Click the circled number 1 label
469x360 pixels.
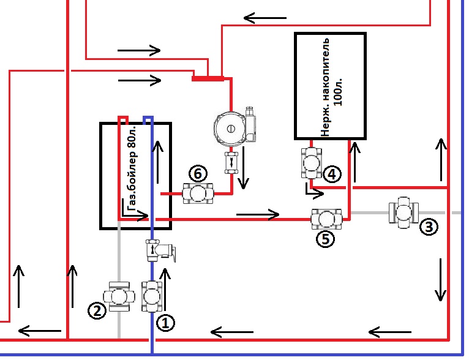(x=165, y=323)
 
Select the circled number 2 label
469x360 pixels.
(x=97, y=310)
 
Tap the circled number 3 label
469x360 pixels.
(x=429, y=227)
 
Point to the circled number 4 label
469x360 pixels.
(x=332, y=174)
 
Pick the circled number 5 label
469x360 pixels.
(x=326, y=239)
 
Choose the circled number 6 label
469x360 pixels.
(x=198, y=174)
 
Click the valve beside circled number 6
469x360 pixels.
(x=198, y=193)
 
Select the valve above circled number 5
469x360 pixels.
(x=326, y=219)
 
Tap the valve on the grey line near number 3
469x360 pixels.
(x=404, y=212)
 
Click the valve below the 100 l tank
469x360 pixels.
(x=312, y=163)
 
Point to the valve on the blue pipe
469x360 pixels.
(x=152, y=296)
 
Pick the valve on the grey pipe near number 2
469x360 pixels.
(x=119, y=296)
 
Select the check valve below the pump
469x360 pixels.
(x=231, y=163)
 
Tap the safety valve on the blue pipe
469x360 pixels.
(x=160, y=250)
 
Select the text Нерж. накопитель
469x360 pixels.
(x=325, y=87)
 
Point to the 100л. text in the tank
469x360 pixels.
(x=338, y=92)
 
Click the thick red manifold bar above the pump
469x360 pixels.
(x=208, y=78)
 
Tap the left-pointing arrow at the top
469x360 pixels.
(x=265, y=18)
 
